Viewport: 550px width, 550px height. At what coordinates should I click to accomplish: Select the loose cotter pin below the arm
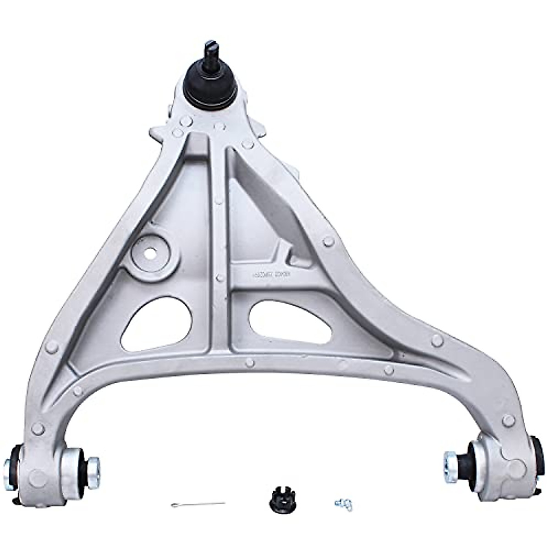click(198, 504)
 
